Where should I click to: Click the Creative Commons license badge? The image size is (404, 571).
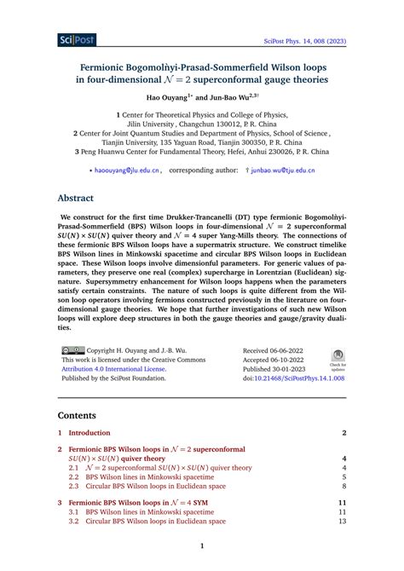(x=72, y=349)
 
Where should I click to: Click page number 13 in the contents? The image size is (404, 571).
(x=343, y=522)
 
